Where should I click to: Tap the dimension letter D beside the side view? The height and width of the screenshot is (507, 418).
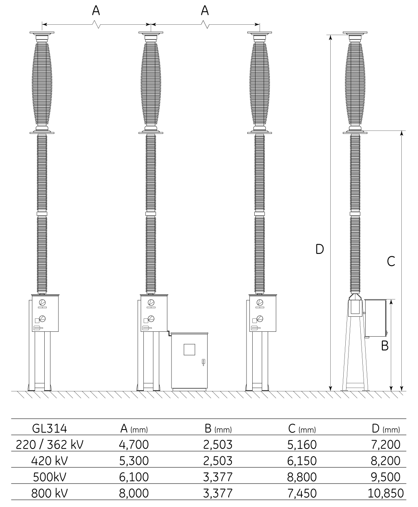coord(320,249)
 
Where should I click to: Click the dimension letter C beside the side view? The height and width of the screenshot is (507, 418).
coord(391,261)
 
